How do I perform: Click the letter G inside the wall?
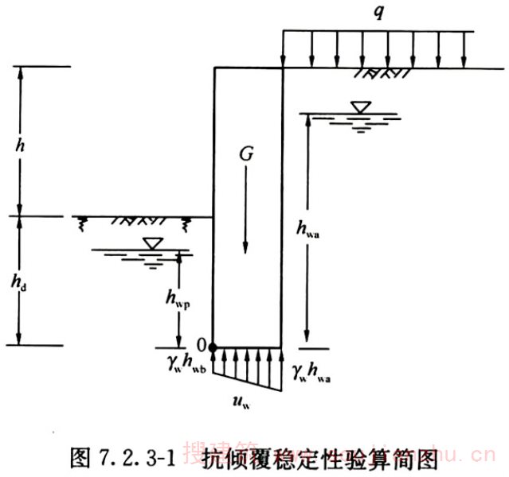pos(246,156)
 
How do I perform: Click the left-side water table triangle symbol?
pos(151,242)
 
